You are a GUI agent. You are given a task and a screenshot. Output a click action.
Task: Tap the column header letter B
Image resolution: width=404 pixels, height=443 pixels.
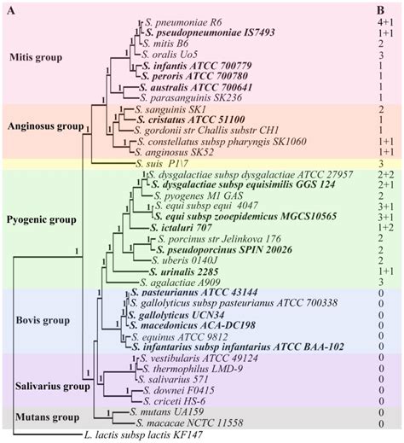(x=378, y=8)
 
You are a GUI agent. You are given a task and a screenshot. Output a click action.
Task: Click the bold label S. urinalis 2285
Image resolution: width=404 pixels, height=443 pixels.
(x=176, y=269)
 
